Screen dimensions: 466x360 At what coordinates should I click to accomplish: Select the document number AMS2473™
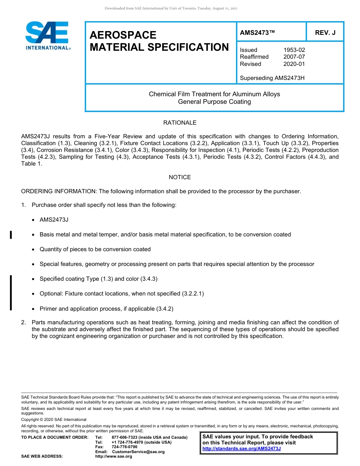pyautogui.click(x=257, y=33)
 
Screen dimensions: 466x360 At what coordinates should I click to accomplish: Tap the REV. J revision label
pyautogui.click(x=325, y=33)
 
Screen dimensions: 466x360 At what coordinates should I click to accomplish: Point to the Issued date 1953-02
pyautogui.click(x=294, y=50)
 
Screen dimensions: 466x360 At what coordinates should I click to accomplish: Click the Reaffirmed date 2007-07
pyautogui.click(x=294, y=57)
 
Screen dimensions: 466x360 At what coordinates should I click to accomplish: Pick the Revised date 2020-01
pyautogui.click(x=294, y=64)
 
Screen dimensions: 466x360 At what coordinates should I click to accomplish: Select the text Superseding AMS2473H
pyautogui.click(x=272, y=78)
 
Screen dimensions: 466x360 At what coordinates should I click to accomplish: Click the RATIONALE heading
pyautogui.click(x=180, y=123)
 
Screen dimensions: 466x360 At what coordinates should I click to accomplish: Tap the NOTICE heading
pyautogui.click(x=180, y=177)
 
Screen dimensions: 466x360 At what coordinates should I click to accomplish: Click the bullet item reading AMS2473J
pyautogui.click(x=54, y=220)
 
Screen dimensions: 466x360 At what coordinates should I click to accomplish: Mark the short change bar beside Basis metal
pyautogui.click(x=11, y=235)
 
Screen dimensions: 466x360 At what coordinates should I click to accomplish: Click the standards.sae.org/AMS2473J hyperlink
pyautogui.click(x=241, y=449)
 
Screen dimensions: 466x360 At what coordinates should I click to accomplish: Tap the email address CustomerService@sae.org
pyautogui.click(x=138, y=452)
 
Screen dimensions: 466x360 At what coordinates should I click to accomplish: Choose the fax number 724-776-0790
pyautogui.click(x=124, y=447)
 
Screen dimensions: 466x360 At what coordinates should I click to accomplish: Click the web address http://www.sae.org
pyautogui.click(x=114, y=457)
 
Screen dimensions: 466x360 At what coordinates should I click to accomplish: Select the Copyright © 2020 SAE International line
pyautogui.click(x=54, y=419)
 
